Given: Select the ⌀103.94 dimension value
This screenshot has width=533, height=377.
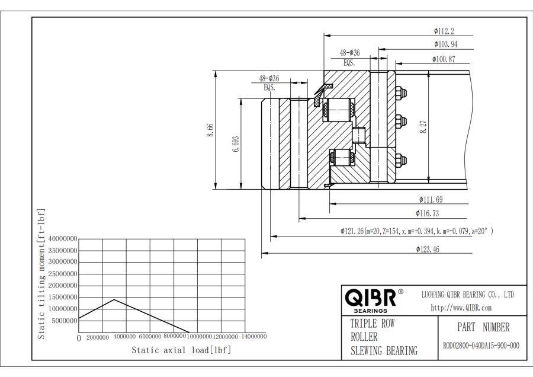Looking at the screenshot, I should [x=445, y=44].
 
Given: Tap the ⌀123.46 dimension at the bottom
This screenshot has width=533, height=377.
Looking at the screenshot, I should [x=428, y=250].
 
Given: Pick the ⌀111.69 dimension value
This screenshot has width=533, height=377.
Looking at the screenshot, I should [x=431, y=200].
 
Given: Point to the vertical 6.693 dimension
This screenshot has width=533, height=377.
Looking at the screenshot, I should [x=236, y=143].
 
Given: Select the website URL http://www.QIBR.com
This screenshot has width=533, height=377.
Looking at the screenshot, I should [x=461, y=308].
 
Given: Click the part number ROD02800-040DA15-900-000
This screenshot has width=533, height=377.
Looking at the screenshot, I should [x=481, y=346].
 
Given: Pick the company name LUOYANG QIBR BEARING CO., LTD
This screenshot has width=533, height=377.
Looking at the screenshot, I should [x=467, y=295].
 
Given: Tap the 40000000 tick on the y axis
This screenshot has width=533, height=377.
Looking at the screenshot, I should [x=62, y=239].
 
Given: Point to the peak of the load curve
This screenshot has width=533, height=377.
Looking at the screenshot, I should [x=114, y=299].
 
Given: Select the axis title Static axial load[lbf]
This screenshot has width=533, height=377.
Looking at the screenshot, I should [x=181, y=350].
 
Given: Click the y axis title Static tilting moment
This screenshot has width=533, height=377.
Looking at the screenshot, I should [x=41, y=274].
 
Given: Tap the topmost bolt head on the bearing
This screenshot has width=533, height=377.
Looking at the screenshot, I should [x=401, y=92].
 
